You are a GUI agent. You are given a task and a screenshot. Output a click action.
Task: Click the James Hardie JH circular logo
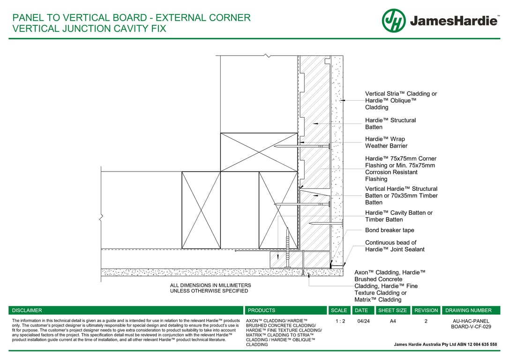394,21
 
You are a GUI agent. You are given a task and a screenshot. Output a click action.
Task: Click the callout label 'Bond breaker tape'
389,230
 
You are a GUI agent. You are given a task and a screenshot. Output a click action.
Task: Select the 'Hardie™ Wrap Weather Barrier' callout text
386,142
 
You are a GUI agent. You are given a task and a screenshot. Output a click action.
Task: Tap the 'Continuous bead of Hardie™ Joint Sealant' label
395,246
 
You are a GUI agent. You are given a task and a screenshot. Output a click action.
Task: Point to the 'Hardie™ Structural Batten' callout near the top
390,124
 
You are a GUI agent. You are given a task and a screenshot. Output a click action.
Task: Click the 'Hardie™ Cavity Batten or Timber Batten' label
398,216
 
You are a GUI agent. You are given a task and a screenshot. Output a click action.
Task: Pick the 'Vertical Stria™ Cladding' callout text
401,100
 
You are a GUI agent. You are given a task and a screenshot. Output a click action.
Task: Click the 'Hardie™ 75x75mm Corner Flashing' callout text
401,169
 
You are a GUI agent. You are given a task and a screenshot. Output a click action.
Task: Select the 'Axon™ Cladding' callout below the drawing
389,286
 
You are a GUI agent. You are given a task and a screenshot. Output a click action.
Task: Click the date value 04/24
363,322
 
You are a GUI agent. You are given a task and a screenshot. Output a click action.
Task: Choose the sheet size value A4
393,322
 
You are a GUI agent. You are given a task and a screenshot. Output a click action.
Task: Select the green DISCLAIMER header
27,310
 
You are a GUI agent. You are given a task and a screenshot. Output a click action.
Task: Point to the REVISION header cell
426,310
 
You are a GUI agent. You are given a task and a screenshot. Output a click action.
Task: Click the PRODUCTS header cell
262,310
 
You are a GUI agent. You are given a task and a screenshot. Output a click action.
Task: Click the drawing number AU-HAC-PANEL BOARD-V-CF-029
471,324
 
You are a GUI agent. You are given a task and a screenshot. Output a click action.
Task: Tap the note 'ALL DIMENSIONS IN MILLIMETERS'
210,285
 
